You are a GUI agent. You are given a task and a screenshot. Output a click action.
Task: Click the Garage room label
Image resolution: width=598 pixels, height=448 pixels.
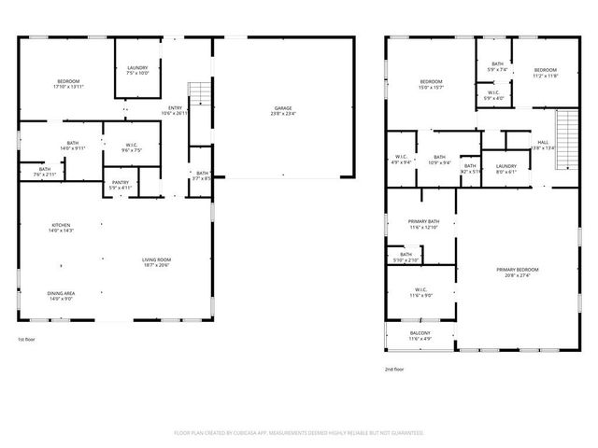(282, 110)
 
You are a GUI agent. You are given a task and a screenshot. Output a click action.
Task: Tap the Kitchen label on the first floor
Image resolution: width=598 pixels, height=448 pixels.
(61, 228)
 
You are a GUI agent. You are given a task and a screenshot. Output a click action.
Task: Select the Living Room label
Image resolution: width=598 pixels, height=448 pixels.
(154, 263)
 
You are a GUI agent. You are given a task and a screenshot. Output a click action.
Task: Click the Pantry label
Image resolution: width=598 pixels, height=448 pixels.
(120, 185)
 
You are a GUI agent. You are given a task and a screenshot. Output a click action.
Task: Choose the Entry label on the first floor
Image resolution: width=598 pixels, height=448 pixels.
(175, 110)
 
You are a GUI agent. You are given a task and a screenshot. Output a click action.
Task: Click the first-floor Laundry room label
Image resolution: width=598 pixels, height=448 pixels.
(137, 70)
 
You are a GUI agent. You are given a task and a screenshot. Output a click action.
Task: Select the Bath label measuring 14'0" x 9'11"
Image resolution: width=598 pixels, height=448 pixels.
(72, 146)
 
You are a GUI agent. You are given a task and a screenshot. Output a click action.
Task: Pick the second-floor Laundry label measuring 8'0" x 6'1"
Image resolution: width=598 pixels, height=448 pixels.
(505, 168)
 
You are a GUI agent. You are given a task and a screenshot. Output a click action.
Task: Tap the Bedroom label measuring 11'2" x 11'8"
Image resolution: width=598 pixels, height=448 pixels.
(545, 73)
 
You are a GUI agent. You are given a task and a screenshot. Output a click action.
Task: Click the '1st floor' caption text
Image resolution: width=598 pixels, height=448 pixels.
(28, 340)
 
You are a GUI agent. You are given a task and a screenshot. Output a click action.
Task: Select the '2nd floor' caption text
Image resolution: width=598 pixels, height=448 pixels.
(395, 370)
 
